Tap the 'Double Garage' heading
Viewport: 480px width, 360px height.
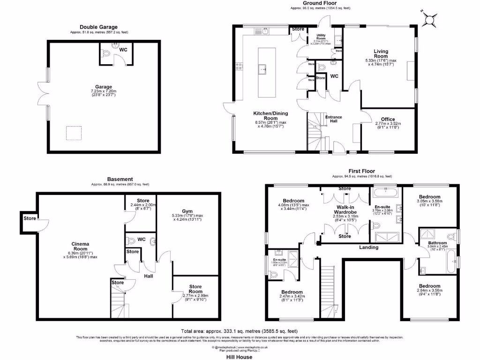click(x=98, y=27)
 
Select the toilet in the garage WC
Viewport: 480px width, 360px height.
click(x=106, y=55)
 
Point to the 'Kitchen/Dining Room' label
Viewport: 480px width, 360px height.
click(x=270, y=116)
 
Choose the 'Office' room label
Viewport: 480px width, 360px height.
click(x=388, y=119)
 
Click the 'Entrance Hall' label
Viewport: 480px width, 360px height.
click(x=334, y=120)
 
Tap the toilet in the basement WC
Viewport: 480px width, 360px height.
click(x=131, y=241)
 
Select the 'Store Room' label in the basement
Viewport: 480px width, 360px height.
click(x=195, y=289)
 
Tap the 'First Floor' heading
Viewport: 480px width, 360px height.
click(x=361, y=172)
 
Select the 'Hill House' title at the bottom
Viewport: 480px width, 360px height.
click(x=239, y=357)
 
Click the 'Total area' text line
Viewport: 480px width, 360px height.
click(x=240, y=330)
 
